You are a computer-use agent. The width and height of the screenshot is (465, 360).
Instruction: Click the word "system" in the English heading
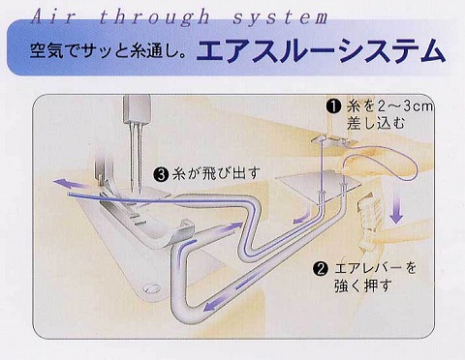(x=280, y=16)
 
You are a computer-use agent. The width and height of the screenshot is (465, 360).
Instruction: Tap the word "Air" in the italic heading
(x=53, y=16)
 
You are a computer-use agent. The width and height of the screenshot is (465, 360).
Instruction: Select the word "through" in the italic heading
(x=154, y=16)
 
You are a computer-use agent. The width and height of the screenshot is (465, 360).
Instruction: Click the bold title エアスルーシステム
(x=321, y=50)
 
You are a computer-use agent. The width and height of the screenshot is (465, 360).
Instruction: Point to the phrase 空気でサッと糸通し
(x=106, y=50)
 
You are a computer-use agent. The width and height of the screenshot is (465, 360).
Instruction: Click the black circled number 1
(x=333, y=106)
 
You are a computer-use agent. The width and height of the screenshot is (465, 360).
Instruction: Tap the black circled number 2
(x=321, y=269)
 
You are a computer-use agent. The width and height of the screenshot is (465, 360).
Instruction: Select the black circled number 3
(x=162, y=174)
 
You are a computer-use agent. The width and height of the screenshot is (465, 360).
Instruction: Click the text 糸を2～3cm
(x=389, y=106)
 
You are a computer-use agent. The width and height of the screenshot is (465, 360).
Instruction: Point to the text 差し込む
(x=376, y=124)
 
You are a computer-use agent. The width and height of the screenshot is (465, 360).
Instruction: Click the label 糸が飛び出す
(x=216, y=174)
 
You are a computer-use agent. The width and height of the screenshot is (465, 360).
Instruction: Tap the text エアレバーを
(x=376, y=268)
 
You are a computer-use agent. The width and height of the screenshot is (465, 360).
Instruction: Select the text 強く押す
(x=363, y=285)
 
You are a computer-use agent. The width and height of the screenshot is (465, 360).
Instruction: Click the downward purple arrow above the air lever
(x=396, y=209)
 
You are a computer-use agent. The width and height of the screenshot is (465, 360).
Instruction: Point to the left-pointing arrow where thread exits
(x=70, y=184)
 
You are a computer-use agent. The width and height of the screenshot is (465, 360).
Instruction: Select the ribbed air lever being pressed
(x=369, y=224)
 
